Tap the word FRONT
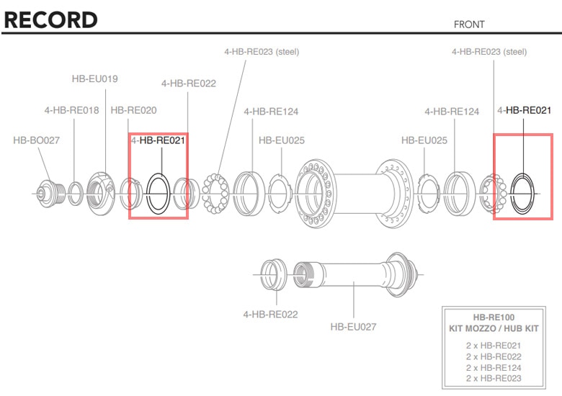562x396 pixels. click(x=469, y=24)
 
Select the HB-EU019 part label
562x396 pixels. click(x=94, y=78)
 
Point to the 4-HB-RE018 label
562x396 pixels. click(x=71, y=110)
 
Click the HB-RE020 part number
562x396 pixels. click(x=133, y=110)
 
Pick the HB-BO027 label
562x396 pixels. click(x=36, y=140)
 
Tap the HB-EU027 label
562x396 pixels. click(x=353, y=326)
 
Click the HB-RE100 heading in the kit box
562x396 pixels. click(x=494, y=317)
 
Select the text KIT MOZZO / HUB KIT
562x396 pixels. click(x=494, y=328)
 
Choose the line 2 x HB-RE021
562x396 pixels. click(x=494, y=346)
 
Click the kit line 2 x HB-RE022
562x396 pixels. click(x=494, y=356)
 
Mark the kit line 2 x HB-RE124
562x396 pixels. click(x=494, y=367)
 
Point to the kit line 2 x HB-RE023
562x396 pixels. click(x=494, y=378)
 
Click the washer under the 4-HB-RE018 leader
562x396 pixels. click(x=73, y=193)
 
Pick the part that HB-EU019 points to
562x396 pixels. click(x=99, y=189)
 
